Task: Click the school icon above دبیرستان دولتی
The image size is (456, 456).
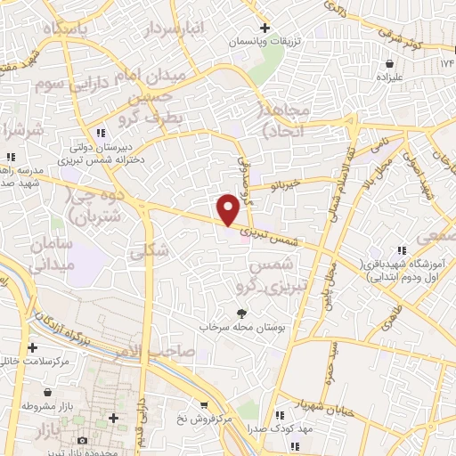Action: pos(108,133)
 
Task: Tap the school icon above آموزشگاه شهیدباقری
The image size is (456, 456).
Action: pos(402,249)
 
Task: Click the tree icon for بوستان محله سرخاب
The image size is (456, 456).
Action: pos(240,313)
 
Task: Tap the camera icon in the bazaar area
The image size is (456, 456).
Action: pos(82,439)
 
